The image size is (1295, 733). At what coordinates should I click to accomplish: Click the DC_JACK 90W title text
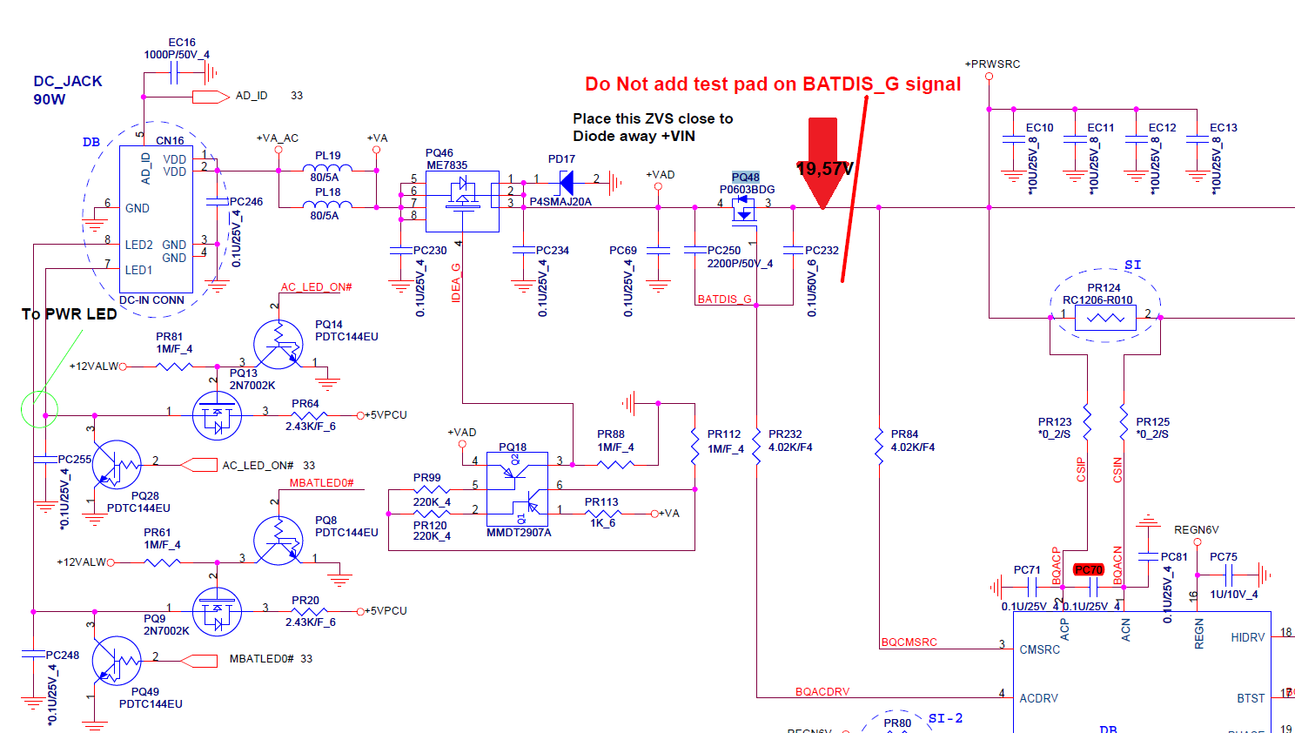(x=67, y=90)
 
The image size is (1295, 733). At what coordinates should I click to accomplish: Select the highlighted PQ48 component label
(x=746, y=177)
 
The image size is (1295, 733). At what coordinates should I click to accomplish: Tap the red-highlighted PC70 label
(x=1089, y=569)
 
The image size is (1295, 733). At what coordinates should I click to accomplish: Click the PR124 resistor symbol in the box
(x=1105, y=318)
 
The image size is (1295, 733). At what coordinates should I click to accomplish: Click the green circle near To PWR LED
(x=39, y=408)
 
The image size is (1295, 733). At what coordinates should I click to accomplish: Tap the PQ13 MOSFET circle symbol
(x=217, y=416)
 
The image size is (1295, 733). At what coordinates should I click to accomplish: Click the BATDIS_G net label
(x=724, y=299)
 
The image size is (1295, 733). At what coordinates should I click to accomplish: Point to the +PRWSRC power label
(x=992, y=64)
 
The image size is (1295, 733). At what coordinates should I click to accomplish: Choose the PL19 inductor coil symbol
(x=328, y=168)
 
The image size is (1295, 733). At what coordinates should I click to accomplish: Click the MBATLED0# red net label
(x=321, y=483)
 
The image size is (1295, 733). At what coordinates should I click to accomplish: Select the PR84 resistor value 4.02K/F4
(x=912, y=447)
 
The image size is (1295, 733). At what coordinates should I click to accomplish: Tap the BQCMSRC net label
(x=909, y=642)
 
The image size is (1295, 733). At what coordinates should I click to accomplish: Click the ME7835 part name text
(x=446, y=165)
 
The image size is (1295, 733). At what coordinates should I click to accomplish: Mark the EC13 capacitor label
(x=1223, y=128)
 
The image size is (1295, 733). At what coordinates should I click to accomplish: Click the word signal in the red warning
(x=933, y=84)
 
